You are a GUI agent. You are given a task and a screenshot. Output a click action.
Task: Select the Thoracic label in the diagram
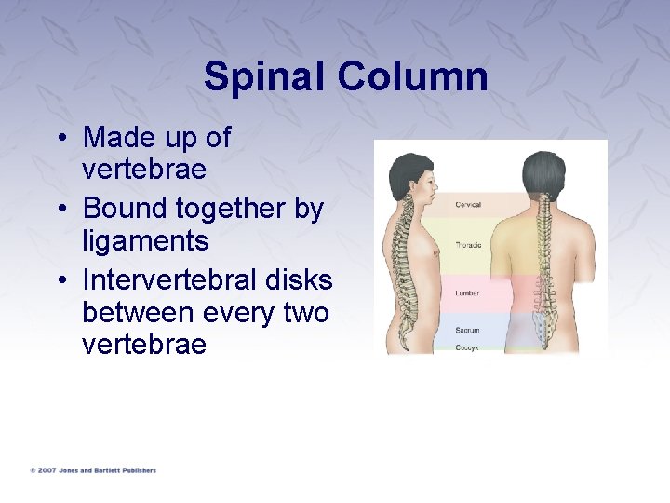(x=468, y=246)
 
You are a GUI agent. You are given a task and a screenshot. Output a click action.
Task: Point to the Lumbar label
(x=467, y=292)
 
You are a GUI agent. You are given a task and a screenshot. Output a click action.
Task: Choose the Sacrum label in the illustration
(x=467, y=330)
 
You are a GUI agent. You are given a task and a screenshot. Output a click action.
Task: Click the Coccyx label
(x=467, y=347)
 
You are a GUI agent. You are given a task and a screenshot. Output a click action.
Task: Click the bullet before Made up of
(x=59, y=139)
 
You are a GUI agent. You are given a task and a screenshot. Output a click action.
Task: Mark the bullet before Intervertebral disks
(x=59, y=280)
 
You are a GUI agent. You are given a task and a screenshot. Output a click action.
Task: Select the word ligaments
(x=144, y=241)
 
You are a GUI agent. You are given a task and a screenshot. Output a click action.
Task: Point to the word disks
(x=299, y=279)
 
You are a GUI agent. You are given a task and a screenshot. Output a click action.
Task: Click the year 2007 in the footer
(x=47, y=470)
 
